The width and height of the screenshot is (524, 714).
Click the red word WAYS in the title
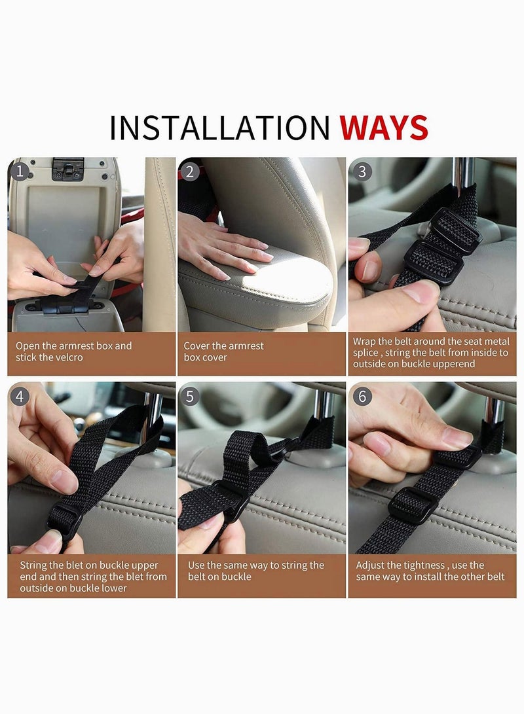(384, 128)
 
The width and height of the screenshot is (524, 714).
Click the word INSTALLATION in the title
(219, 128)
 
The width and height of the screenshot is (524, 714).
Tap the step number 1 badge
(21, 171)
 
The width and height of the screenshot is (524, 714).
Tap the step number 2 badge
(191, 171)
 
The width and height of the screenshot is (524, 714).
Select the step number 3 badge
(361, 171)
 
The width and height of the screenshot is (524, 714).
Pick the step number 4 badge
(21, 396)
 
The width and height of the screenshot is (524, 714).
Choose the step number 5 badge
(191, 396)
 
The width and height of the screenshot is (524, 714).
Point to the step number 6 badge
(361, 396)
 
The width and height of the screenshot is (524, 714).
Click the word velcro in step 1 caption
(67, 358)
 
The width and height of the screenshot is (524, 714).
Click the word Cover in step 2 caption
(196, 346)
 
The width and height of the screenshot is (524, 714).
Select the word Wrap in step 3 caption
(364, 341)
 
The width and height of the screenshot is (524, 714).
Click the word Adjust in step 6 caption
(370, 565)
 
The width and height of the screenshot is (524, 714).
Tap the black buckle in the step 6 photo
(411, 505)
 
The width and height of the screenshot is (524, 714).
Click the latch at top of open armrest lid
(67, 169)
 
